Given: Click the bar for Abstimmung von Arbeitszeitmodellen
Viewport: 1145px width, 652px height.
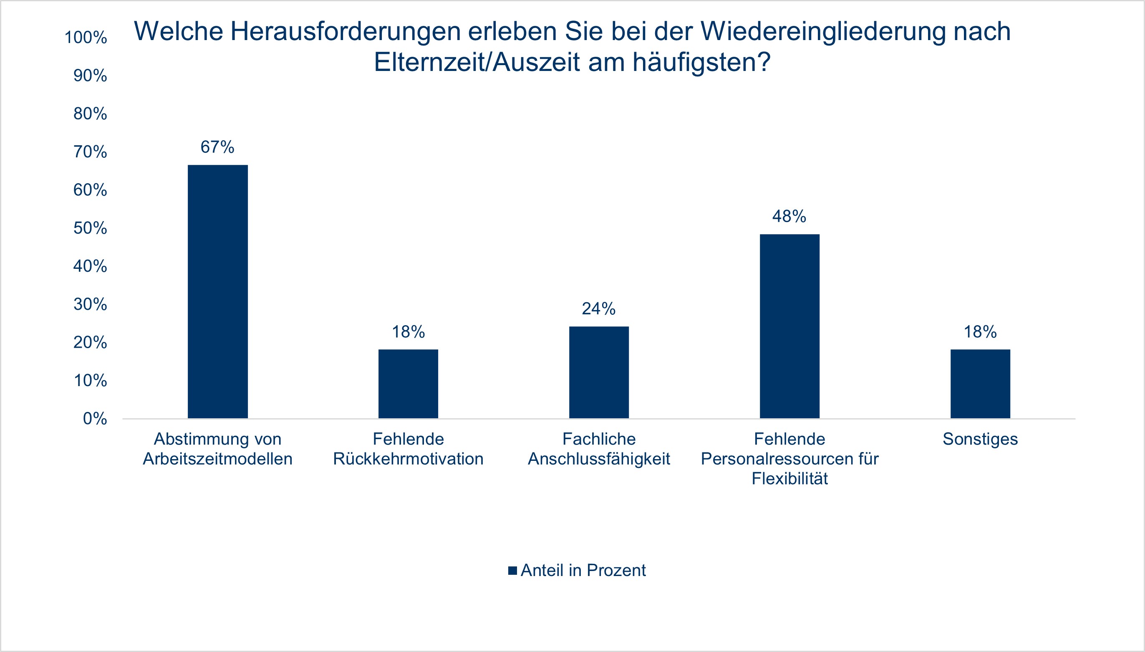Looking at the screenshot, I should pos(217,291).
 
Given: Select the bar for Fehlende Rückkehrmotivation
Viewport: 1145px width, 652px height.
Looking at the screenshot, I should pos(408,384).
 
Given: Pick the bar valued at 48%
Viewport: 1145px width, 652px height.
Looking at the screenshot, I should pos(789,326).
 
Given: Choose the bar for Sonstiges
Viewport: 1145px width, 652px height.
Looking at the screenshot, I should pos(980,384).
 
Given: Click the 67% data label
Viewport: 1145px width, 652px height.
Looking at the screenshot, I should pos(217,147).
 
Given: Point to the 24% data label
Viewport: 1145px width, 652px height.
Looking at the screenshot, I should pos(599,308).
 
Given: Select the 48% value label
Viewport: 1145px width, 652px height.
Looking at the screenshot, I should pos(789,217).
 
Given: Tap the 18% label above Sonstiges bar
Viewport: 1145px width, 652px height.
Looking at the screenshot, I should pos(980,332).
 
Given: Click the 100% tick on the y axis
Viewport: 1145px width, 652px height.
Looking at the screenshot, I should pos(86,38).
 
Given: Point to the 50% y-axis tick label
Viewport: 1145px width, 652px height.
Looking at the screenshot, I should pos(91,228).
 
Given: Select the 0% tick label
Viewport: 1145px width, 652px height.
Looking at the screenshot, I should pos(95,419).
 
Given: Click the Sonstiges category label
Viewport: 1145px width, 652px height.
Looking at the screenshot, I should pos(980,439).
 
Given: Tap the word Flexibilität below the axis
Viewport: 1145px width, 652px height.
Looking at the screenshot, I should pos(789,479).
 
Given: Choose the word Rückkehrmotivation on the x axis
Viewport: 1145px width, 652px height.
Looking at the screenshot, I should pos(408,459).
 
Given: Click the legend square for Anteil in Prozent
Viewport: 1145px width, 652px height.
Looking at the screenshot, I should pos(512,571).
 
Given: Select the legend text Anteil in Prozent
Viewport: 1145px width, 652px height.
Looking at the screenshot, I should pos(583,571).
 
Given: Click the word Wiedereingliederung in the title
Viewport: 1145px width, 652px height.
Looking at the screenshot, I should pos(823,31).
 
